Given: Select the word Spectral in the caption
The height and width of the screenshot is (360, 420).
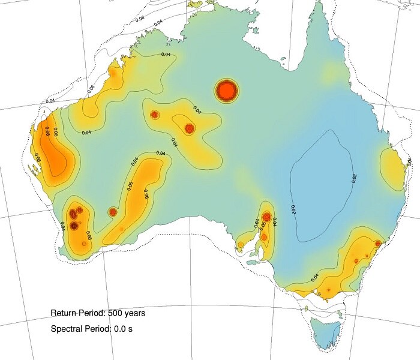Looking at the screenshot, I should coord(66,329).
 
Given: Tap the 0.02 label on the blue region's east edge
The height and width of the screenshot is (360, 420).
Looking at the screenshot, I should coord(354,178).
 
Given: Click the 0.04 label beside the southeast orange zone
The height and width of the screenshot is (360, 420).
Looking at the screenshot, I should coord(316,277).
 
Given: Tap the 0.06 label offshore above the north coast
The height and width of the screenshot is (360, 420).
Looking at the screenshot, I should coord(140,19).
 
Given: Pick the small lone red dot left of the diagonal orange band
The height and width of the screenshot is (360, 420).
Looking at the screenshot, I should coord(112,211).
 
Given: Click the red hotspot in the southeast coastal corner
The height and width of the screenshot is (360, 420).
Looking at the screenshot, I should coord(378,243).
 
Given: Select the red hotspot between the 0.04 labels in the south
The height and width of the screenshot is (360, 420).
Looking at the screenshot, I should coord(266,216).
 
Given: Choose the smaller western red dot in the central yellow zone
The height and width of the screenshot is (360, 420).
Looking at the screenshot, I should coord(155,114).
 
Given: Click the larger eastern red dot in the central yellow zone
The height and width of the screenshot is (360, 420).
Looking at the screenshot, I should coord(190,128).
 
